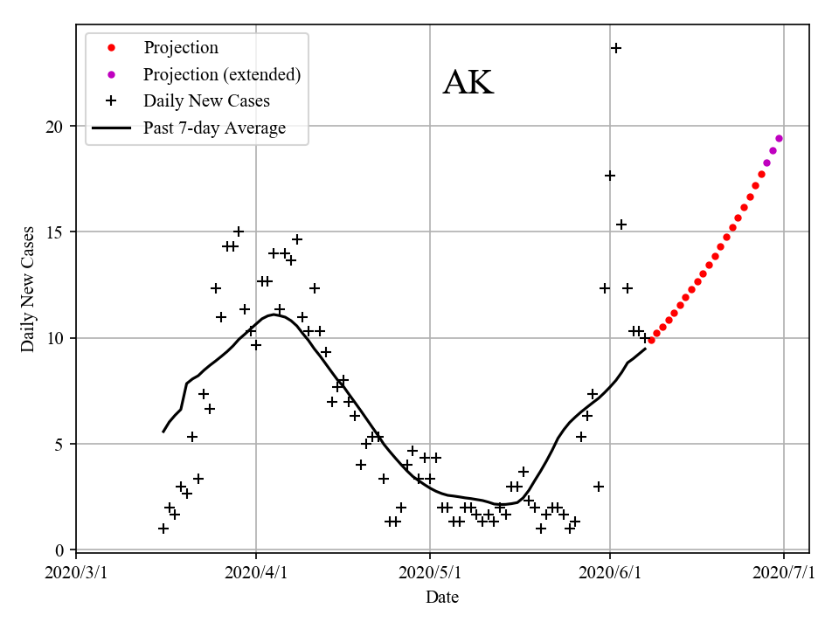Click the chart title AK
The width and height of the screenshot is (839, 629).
pyautogui.click(x=468, y=82)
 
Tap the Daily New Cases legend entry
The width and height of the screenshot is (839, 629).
pyautogui.click(x=206, y=101)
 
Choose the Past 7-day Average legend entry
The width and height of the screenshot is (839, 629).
pyautogui.click(x=214, y=128)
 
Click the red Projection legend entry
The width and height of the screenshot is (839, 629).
pyautogui.click(x=181, y=48)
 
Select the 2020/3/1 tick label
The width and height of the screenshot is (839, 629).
pyautogui.click(x=76, y=573)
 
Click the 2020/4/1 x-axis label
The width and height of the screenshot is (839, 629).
pyautogui.click(x=256, y=573)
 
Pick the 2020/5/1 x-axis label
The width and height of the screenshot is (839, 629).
pyautogui.click(x=430, y=573)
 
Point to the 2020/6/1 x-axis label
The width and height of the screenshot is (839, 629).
pyautogui.click(x=610, y=573)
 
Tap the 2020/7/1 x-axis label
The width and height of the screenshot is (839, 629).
pyautogui.click(x=784, y=573)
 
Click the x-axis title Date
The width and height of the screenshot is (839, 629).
pyautogui.click(x=442, y=598)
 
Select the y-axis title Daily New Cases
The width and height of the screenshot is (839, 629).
pyautogui.click(x=28, y=289)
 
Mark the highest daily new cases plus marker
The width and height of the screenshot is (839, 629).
pyautogui.click(x=616, y=48)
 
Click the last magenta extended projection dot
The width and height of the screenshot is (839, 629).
pyautogui.click(x=779, y=138)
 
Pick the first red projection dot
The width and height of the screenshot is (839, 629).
pyautogui.click(x=651, y=340)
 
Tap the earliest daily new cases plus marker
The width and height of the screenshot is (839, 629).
pyautogui.click(x=163, y=529)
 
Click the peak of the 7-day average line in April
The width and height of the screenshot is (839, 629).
pyautogui.click(x=274, y=314)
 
